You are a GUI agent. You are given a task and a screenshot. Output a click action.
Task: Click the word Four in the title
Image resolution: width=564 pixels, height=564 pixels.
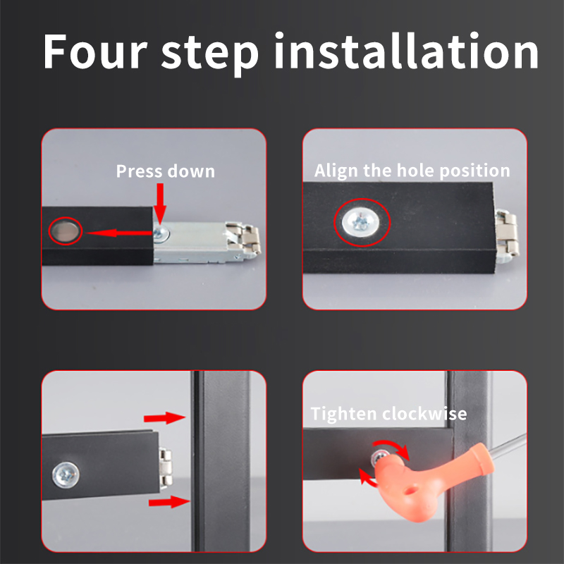tap(95, 51)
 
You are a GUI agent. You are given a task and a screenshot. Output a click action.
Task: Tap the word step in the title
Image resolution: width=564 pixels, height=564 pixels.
tap(209, 55)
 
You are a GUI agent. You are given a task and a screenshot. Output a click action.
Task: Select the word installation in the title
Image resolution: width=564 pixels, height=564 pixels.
tap(407, 50)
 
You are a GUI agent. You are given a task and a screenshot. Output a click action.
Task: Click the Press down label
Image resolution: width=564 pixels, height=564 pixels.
tap(166, 171)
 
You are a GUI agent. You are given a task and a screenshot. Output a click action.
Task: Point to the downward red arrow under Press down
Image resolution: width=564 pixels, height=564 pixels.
tap(160, 204)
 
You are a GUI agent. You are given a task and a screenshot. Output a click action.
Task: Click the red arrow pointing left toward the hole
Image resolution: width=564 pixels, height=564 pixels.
tap(119, 233)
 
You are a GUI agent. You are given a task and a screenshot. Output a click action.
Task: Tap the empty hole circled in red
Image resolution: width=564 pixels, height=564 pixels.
tap(65, 231)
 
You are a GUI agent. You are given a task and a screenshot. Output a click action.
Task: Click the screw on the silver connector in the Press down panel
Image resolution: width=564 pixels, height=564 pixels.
tap(161, 234)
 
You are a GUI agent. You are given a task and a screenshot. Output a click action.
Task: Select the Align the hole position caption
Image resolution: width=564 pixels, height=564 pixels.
tap(412, 170)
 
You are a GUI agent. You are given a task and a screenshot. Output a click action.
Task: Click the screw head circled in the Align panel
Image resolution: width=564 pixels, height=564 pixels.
tap(361, 222)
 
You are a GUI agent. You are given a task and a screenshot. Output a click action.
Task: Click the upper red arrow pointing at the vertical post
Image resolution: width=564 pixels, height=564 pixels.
tap(164, 418)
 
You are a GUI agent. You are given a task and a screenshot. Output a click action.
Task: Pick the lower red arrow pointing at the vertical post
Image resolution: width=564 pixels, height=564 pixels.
tap(169, 501)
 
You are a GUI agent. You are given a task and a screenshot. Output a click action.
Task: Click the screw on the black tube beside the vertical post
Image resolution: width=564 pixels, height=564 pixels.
tap(66, 475)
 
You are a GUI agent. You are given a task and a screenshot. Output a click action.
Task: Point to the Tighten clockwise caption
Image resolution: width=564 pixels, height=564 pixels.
tap(389, 414)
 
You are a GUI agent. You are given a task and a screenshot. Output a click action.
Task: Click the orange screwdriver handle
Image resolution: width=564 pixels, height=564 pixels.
tap(431, 479)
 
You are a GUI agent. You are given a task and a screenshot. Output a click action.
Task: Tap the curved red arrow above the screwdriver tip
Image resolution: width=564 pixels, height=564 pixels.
tap(394, 446)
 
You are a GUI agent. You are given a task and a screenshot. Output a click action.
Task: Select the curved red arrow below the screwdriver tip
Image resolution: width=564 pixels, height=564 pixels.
tap(367, 479)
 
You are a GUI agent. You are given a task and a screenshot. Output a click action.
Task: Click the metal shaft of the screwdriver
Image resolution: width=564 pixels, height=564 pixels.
tap(507, 446)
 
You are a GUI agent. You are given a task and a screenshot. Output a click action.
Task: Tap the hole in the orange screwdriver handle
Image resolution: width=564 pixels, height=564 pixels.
tap(410, 490)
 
